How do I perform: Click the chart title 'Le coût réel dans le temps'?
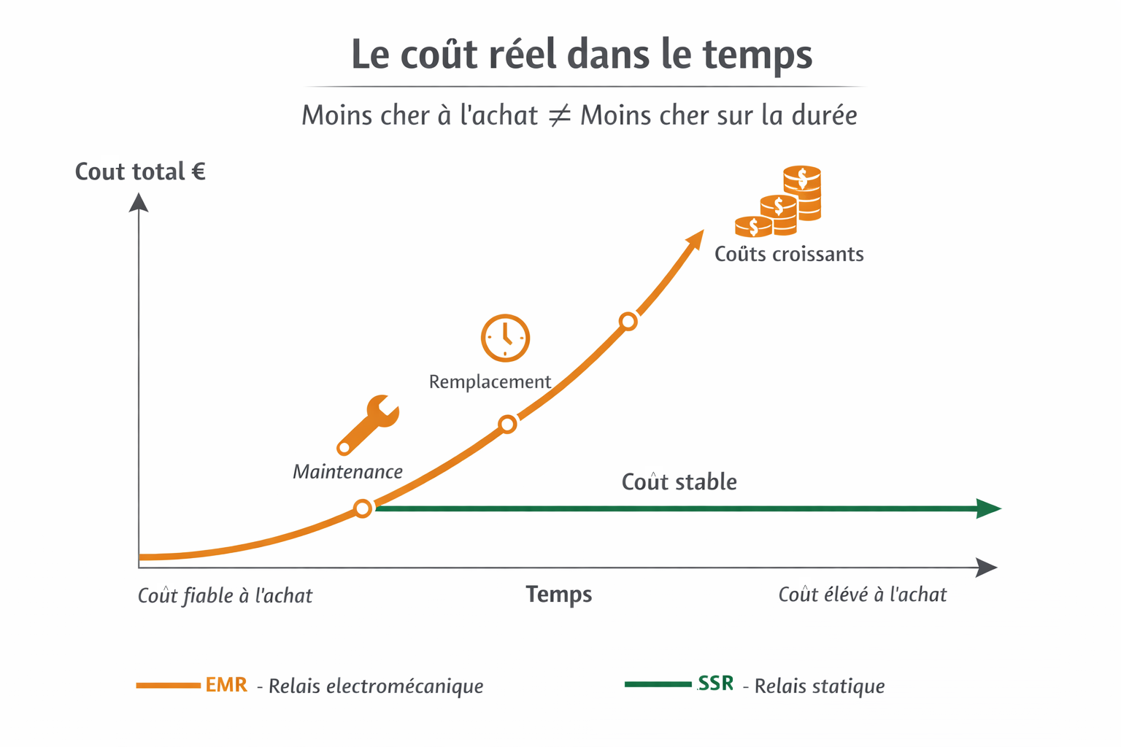pyautogui.click(x=582, y=55)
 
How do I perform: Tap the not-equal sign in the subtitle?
pyautogui.click(x=559, y=115)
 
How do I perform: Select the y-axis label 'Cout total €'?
pyautogui.click(x=140, y=171)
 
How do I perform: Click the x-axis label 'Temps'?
pyautogui.click(x=558, y=595)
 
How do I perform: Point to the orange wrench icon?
pyautogui.click(x=369, y=424)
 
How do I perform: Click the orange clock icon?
pyautogui.click(x=505, y=338)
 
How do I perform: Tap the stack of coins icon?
pyautogui.click(x=780, y=203)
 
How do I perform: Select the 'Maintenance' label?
pyautogui.click(x=347, y=472)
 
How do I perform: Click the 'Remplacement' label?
pyautogui.click(x=490, y=382)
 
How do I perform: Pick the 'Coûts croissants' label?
pyautogui.click(x=789, y=254)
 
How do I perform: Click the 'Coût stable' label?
pyautogui.click(x=679, y=481)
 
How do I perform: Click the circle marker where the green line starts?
pyautogui.click(x=363, y=508)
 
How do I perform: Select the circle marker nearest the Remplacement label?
pyautogui.click(x=507, y=424)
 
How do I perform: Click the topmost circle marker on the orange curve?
pyautogui.click(x=628, y=321)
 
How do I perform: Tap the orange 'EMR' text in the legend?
pyautogui.click(x=226, y=685)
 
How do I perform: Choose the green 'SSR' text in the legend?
pyautogui.click(x=715, y=684)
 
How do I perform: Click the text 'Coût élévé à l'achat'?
pyautogui.click(x=862, y=595)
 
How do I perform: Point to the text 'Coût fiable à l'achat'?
pyautogui.click(x=225, y=596)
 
